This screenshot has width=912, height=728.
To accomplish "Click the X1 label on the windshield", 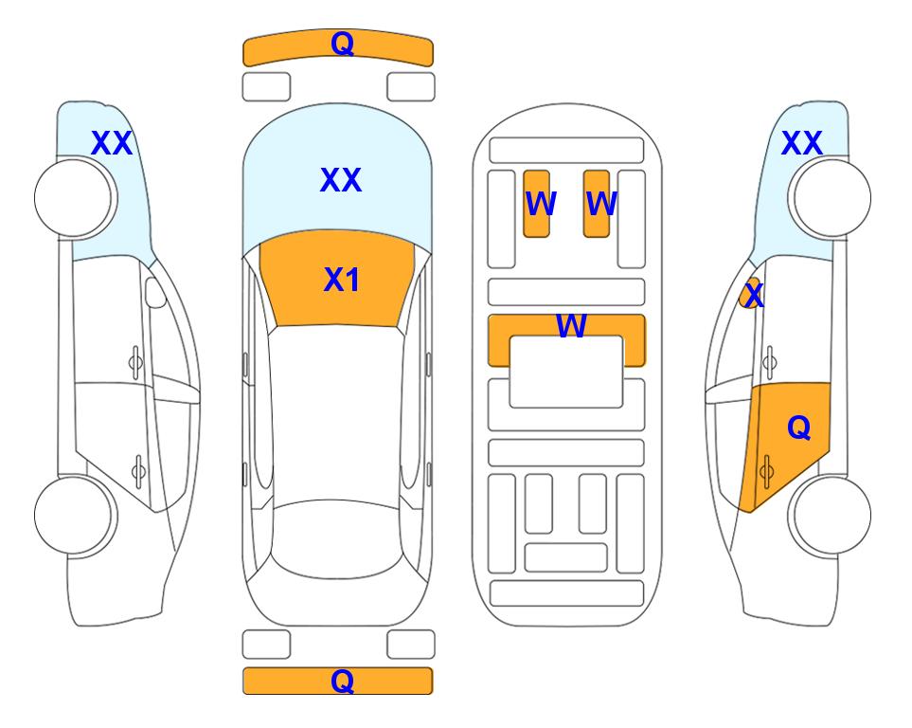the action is point(342,280).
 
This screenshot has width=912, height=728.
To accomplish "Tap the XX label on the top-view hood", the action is point(341,179).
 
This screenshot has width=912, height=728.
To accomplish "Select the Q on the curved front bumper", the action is point(343,43).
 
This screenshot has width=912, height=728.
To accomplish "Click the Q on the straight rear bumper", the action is point(343,681).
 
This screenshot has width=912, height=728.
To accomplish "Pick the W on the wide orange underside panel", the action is point(571,325).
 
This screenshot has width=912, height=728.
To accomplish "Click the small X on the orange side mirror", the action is point(754,295).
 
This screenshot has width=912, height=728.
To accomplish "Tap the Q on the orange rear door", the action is point(798,428).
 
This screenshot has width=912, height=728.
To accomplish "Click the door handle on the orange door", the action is point(766,471).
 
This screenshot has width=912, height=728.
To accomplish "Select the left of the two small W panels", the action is point(536,204).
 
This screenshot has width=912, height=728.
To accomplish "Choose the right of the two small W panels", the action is point(597,204).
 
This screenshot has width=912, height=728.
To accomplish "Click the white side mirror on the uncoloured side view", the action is point(155,293).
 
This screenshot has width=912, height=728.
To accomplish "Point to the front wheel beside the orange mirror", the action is point(830,198).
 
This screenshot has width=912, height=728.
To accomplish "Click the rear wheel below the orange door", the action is point(830,515).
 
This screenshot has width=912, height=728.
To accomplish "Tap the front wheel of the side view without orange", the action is point(76,198).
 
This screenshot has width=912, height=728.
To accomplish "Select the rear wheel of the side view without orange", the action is point(76,515).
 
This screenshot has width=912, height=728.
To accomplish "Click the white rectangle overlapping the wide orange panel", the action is point(566,372).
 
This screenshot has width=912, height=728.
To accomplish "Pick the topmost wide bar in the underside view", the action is point(566,151).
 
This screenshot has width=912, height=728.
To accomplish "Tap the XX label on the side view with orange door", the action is point(801,143).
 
